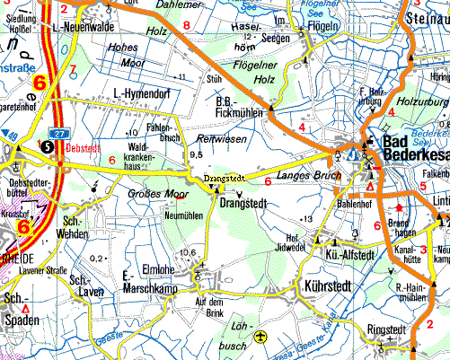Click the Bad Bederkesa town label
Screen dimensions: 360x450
415,149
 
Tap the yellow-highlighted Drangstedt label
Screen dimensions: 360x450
225,179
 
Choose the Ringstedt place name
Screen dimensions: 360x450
386,330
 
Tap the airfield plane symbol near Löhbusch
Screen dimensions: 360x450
260,338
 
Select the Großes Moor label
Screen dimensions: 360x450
163,192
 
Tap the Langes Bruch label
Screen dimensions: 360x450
304,175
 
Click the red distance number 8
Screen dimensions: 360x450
186,25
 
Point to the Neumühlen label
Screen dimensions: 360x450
183,216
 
